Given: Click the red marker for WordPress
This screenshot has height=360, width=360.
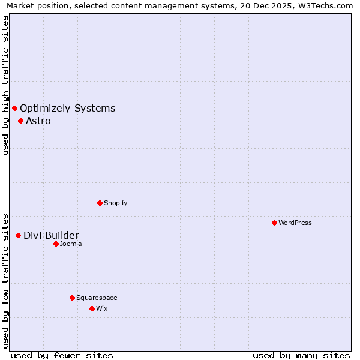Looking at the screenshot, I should coord(274,223).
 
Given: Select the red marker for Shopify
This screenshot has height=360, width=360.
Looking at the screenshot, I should coord(100,203).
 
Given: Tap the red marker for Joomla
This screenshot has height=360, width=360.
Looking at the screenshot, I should coord(56,244).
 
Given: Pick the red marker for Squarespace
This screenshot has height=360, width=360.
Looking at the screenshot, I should coord(72,298).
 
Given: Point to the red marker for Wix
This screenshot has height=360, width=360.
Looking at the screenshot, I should coord(92,308).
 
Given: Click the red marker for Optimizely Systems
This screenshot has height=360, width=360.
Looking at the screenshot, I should coord(14,108).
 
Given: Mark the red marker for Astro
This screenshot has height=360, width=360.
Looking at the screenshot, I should coord(20,121).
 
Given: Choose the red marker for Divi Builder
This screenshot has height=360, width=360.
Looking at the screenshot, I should coord(18,235).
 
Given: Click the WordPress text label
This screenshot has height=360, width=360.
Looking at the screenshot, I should coord(295,223).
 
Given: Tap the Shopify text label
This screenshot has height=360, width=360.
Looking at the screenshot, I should coord(116,203).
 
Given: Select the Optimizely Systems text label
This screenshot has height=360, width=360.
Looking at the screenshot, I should coord(68,109).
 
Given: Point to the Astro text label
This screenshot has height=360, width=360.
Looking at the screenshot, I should coord(38,121).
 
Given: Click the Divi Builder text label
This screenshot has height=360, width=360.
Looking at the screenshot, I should coord(51,236).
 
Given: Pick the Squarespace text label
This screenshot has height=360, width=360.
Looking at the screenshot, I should coord(97,298).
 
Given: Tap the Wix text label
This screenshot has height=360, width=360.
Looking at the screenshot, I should coord(102,308).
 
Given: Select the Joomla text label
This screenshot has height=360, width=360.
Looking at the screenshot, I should coord(71,244).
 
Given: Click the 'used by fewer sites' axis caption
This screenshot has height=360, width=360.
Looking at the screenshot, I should coord(62,355).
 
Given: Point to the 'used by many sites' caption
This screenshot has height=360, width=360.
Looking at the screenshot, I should coord(301,355).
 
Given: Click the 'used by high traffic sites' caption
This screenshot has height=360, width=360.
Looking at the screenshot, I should coord(6,85).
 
